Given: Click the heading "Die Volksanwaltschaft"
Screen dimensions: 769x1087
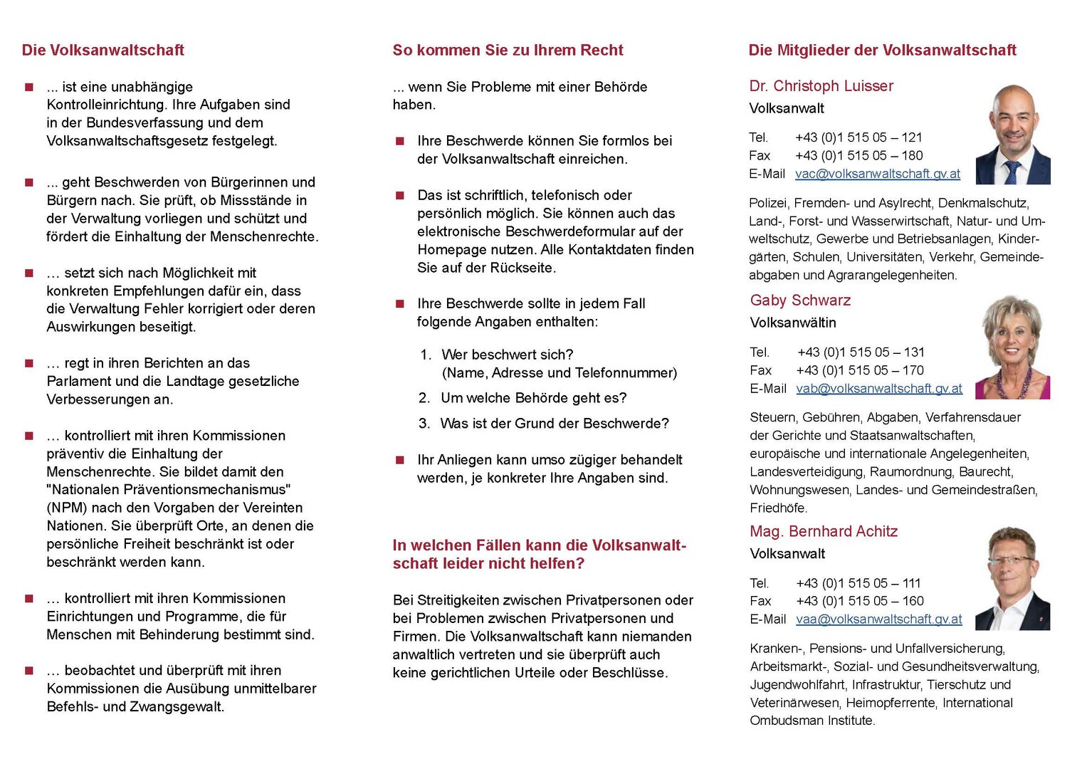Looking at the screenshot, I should tap(103, 51).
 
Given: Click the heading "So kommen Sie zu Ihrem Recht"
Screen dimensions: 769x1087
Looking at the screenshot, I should tap(508, 51).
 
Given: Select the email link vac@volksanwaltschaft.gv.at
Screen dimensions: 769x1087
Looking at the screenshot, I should tap(878, 174).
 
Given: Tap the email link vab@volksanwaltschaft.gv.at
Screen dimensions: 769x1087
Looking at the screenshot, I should tap(879, 389).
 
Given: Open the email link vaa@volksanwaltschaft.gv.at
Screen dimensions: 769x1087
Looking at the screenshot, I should tap(879, 619).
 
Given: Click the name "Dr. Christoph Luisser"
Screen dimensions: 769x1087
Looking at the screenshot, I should tap(821, 86).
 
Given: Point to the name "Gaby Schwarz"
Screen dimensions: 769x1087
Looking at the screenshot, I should tap(800, 300).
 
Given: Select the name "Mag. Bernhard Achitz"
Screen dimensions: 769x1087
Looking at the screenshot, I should tap(824, 532).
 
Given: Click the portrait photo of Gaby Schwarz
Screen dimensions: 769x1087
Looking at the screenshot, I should tap(1012, 347).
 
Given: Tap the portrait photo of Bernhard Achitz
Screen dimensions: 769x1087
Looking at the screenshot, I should tap(1012, 578).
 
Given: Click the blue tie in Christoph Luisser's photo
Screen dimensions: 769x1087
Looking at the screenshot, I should tap(1011, 173).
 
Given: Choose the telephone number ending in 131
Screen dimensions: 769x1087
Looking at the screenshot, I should tap(861, 352).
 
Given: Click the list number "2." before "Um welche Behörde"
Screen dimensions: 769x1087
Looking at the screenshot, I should tap(424, 398).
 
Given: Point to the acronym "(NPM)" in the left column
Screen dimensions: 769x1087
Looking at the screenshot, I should tap(68, 508).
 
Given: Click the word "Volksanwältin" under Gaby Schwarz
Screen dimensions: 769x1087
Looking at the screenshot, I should tap(793, 323).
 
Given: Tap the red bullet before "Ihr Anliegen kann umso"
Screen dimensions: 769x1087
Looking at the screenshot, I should tap(400, 460).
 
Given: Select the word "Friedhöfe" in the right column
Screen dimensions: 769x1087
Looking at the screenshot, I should tap(777, 508).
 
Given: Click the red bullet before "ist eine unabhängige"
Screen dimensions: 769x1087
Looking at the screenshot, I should tap(29, 88).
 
